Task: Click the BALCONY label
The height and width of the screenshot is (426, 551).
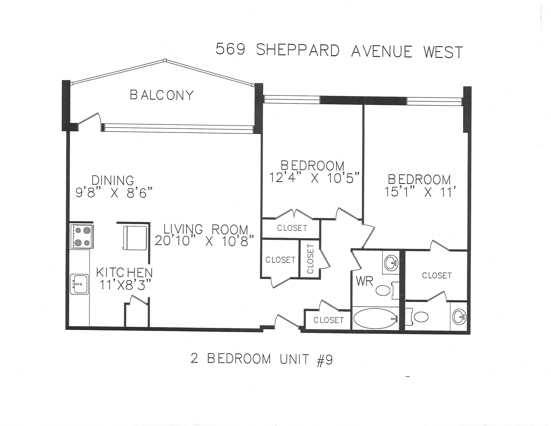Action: coord(161,95)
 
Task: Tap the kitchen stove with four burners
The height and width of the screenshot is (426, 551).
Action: coord(82,236)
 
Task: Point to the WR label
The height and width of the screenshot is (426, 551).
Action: coord(364,281)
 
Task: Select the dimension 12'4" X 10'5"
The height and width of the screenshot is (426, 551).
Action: coord(314,178)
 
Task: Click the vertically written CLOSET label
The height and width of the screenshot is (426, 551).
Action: coord(310,259)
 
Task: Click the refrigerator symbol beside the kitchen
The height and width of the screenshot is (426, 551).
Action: coord(135,238)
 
